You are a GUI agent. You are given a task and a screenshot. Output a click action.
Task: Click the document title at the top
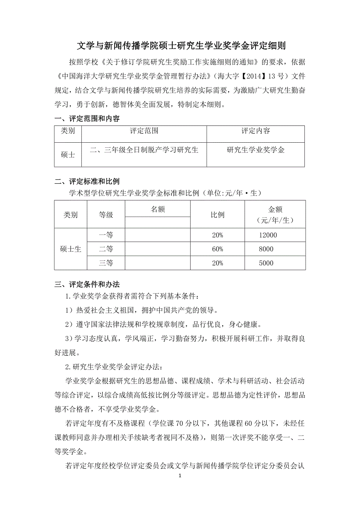click(181, 46)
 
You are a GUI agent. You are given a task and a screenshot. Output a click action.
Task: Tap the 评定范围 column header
click(144, 131)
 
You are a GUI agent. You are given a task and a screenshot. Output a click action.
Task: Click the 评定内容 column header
click(256, 131)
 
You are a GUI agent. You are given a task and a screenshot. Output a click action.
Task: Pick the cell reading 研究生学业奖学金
click(256, 150)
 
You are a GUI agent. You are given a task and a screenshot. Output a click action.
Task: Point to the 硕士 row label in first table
click(68, 154)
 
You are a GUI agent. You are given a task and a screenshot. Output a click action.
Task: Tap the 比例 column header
click(217, 215)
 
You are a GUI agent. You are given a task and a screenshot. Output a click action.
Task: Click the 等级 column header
click(106, 215)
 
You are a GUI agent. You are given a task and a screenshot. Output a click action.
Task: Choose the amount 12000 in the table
click(268, 235)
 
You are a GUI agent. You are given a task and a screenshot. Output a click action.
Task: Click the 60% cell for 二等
click(217, 249)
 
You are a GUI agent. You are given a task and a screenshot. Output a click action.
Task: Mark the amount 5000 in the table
click(266, 263)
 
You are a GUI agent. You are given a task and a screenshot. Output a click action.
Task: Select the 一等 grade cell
click(106, 235)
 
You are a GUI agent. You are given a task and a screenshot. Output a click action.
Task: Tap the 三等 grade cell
click(106, 263)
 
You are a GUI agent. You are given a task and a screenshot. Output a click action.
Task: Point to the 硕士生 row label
click(71, 249)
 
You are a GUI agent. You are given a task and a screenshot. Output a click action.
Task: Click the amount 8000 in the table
click(266, 249)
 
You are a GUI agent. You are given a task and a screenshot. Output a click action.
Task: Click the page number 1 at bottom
click(180, 476)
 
